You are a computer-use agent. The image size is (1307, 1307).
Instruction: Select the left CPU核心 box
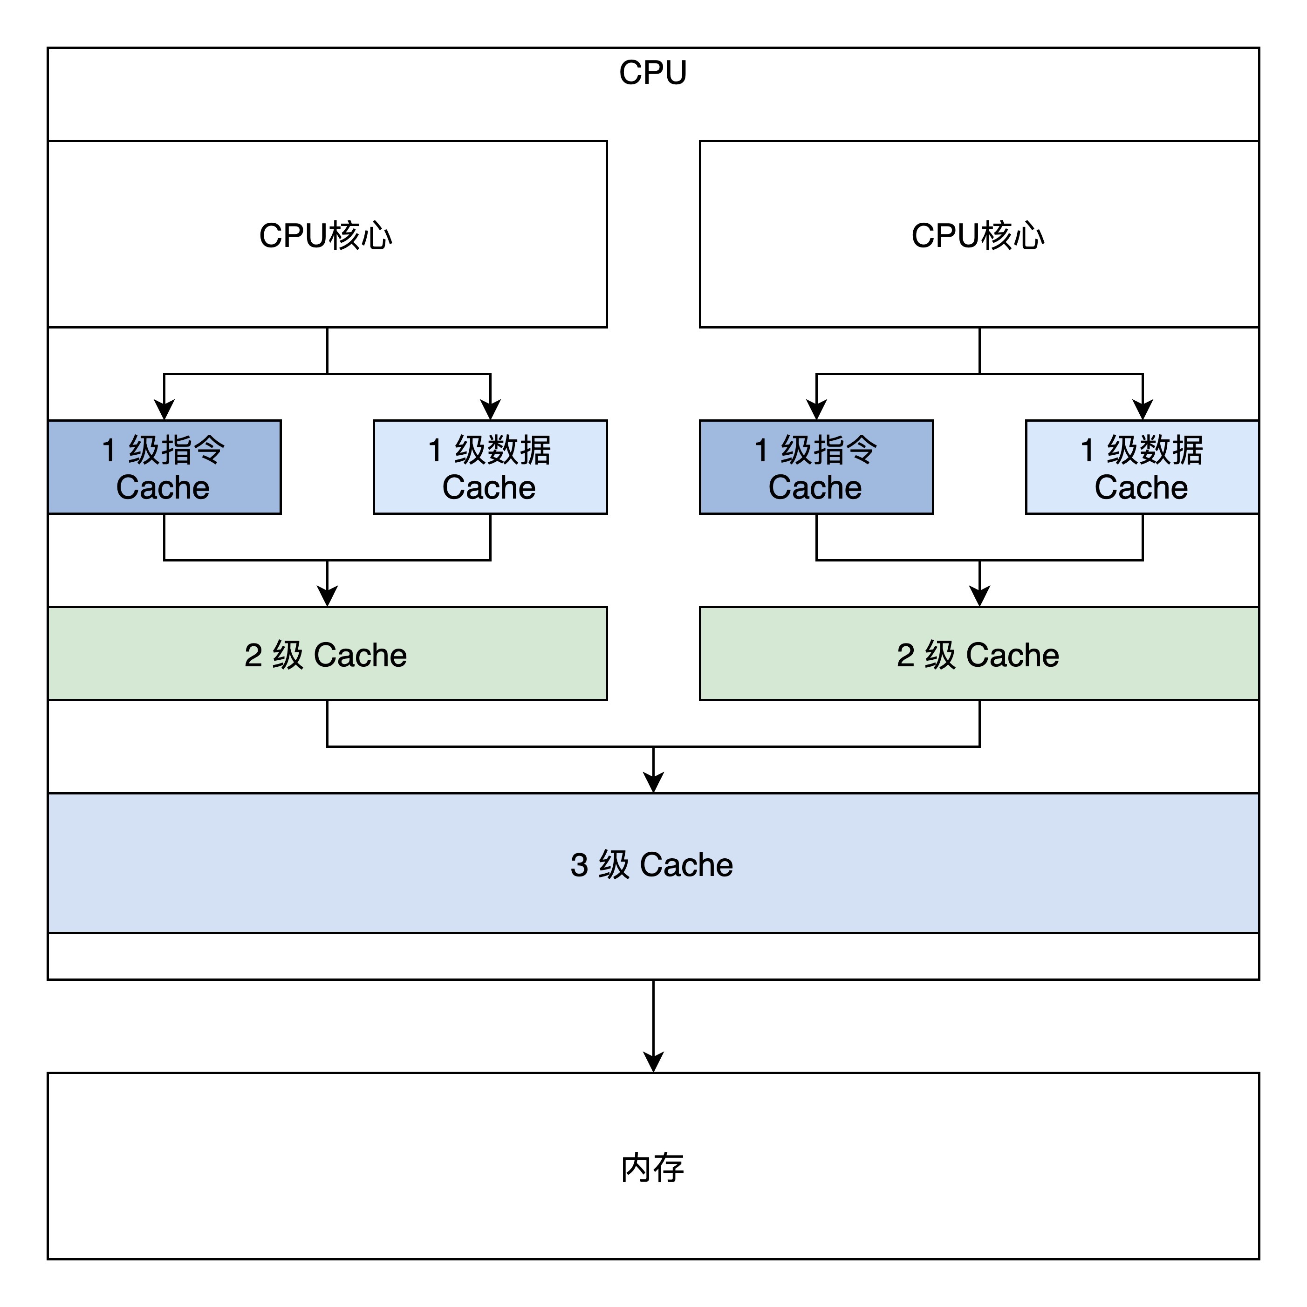coord(327,234)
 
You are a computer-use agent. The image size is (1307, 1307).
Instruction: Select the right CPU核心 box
coord(979,234)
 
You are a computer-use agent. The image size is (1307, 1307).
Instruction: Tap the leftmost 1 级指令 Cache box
coord(164,467)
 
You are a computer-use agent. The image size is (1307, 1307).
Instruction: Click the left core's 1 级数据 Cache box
coord(490,467)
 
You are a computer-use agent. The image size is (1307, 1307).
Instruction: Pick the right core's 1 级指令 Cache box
coord(816,467)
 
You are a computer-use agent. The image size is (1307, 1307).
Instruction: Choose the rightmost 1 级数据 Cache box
coord(1142,467)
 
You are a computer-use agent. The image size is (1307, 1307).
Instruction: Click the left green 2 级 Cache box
coord(327,653)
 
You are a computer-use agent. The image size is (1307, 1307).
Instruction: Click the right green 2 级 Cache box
coord(979,653)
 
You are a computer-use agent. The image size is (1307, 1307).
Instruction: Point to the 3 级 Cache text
coord(651,864)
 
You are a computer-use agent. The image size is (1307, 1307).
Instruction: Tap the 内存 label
coord(653,1168)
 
